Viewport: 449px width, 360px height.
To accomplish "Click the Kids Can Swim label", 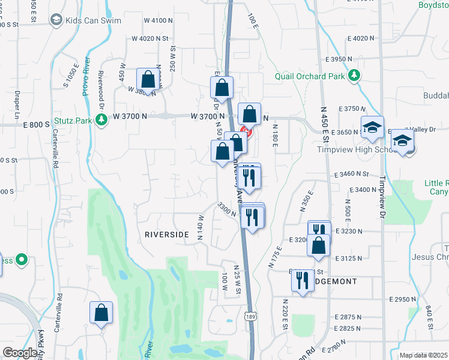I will point(95,20).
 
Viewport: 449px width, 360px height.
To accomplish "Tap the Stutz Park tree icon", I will point(101,121).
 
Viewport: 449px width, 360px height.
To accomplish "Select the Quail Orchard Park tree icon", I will point(355,76).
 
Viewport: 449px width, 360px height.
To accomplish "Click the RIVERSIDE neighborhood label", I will point(166,235).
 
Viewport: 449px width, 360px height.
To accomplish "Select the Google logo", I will point(20,353).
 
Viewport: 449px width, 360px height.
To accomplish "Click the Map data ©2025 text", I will point(424,355).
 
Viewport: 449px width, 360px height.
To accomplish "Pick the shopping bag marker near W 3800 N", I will point(148,79).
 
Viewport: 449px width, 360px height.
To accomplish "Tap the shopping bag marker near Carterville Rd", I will point(101,313).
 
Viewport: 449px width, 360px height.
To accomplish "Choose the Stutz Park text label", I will point(73,121).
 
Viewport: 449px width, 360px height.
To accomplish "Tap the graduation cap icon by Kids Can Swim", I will point(56,20).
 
